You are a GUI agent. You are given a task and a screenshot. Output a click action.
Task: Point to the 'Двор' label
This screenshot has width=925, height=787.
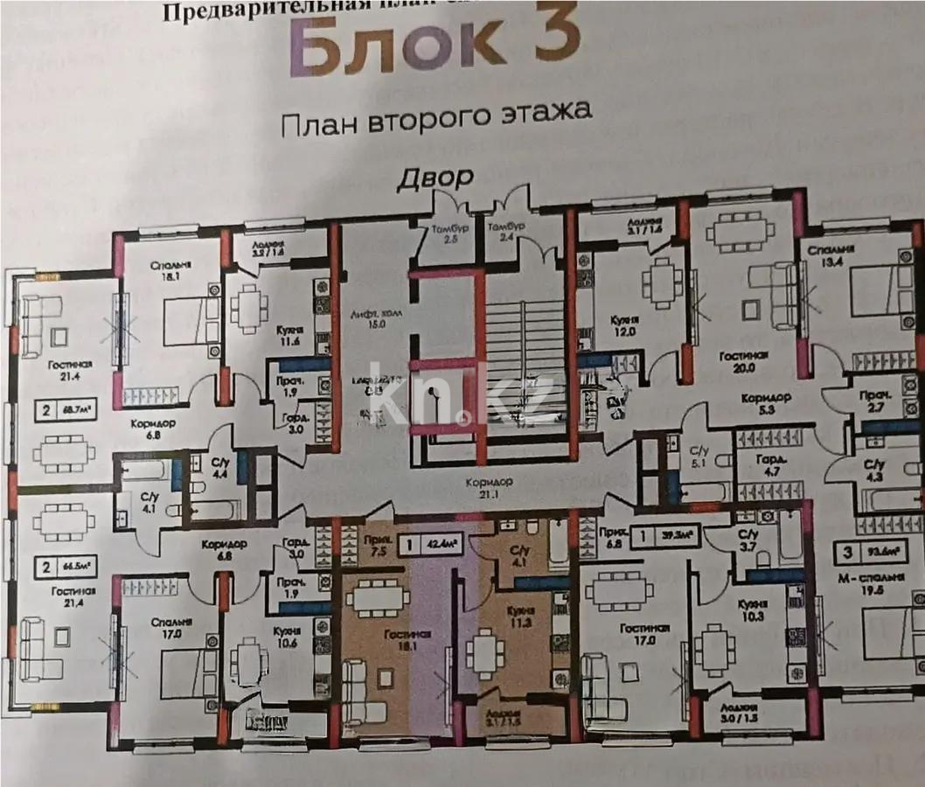pyautogui.click(x=436, y=178)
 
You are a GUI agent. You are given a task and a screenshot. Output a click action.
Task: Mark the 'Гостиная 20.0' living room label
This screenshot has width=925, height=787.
pyautogui.click(x=743, y=363)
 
